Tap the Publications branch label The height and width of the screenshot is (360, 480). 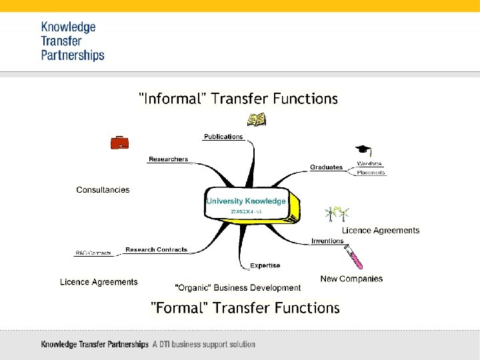[223, 137]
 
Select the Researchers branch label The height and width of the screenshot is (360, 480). [168, 159]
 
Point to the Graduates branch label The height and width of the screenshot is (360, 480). [326, 167]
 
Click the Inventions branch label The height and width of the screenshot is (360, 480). [327, 241]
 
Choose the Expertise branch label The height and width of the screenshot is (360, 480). [265, 265]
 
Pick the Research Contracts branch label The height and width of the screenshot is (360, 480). [157, 249]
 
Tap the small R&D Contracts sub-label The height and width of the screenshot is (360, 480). [93, 253]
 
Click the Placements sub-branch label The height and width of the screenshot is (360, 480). [371, 173]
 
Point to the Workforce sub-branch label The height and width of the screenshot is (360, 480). [369, 163]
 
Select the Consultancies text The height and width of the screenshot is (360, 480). [103, 190]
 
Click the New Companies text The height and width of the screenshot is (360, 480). [351, 279]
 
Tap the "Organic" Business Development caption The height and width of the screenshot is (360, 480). [237, 288]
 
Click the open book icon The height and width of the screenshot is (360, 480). [256, 119]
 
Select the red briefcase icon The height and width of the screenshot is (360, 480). [119, 142]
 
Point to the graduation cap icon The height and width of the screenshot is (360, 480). [363, 151]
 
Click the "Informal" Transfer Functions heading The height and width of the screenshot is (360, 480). [238, 99]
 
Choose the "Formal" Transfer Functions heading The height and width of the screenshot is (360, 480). [245, 307]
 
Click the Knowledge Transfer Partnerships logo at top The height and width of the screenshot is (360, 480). [73, 41]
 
